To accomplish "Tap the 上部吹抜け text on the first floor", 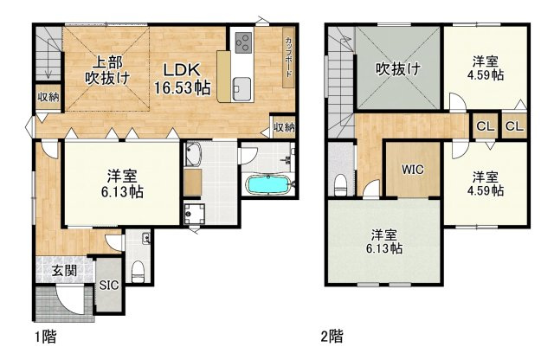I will (x=107, y=70).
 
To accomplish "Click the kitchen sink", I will (x=242, y=87).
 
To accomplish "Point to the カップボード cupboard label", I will (x=287, y=57).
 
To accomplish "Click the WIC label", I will (x=412, y=170).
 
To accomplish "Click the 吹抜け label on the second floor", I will (x=397, y=69).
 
